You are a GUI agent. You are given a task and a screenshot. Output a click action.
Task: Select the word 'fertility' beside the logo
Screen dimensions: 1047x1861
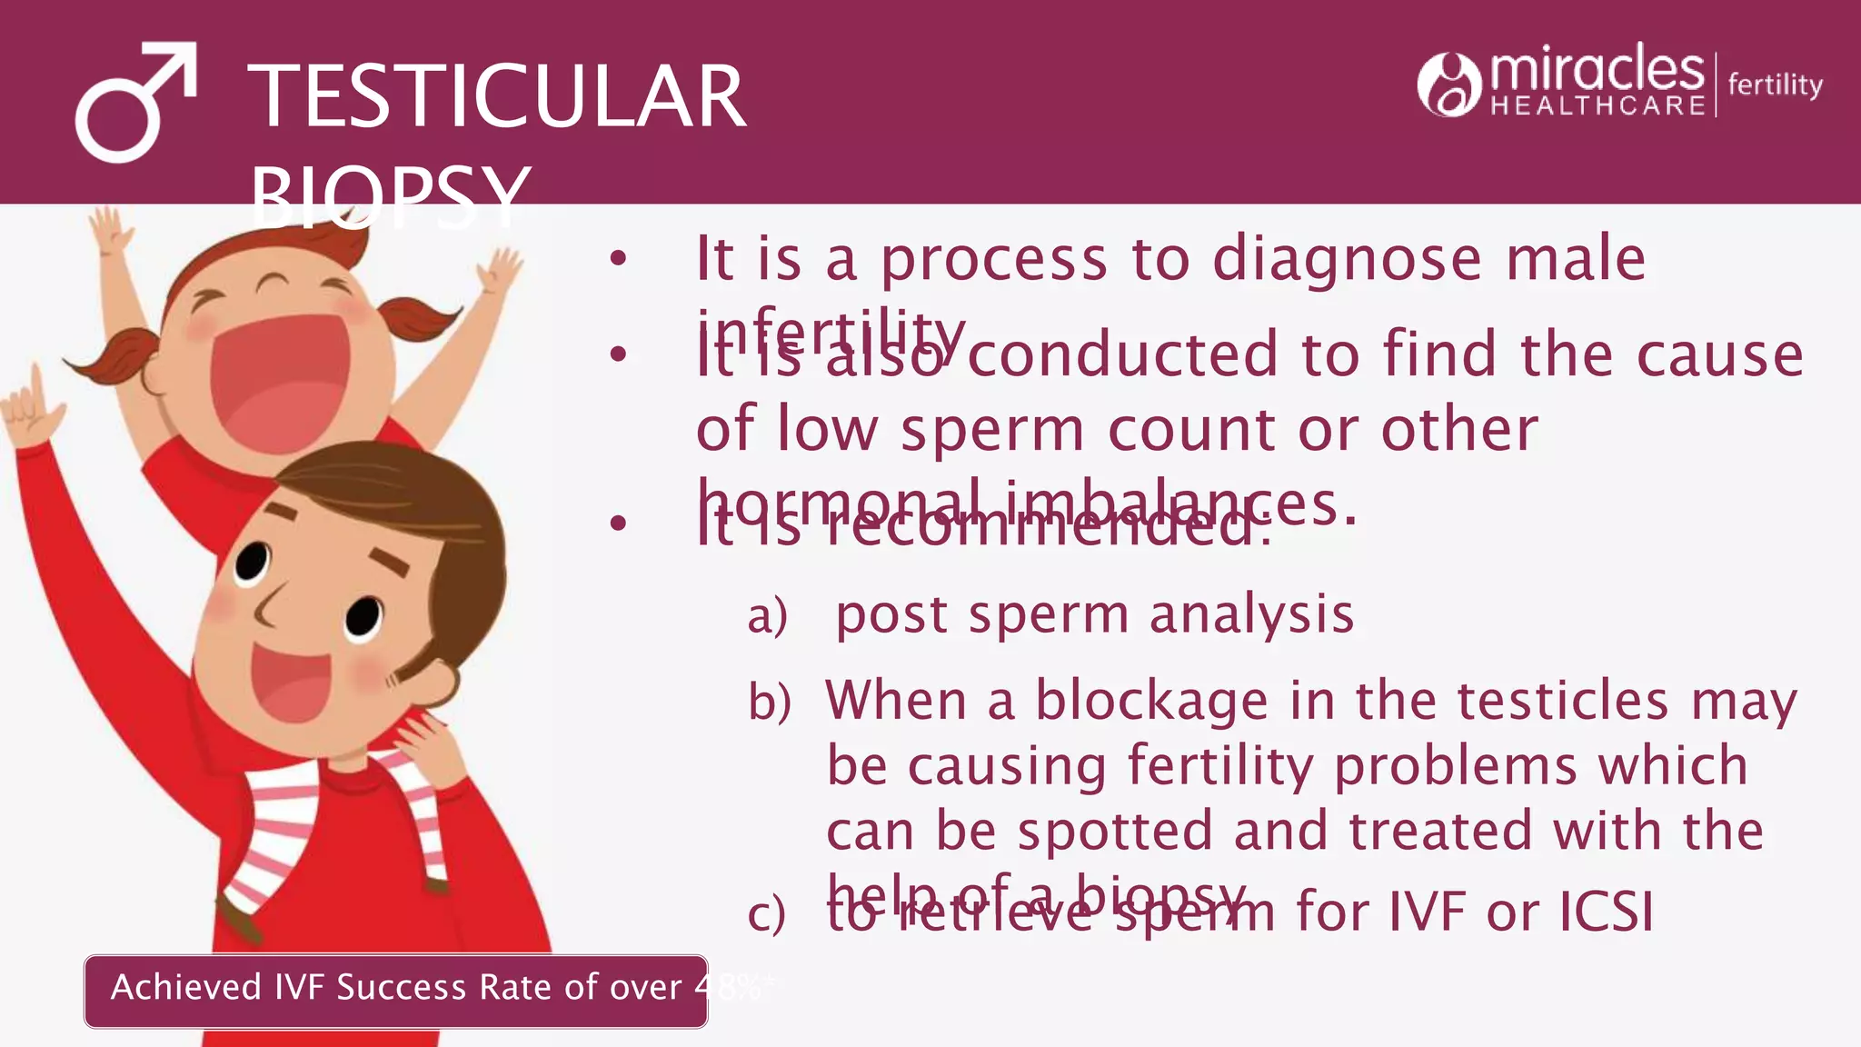pyautogui.click(x=1775, y=85)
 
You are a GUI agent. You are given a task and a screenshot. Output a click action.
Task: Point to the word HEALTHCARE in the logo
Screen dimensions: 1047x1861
pyautogui.click(x=1597, y=106)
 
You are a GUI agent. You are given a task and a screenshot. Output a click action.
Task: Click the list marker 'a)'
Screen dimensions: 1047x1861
pyautogui.click(x=767, y=617)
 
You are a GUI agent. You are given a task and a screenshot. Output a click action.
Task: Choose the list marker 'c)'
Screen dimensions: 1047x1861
pyautogui.click(x=766, y=913)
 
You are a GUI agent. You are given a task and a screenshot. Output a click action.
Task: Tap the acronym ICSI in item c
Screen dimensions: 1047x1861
pyautogui.click(x=1607, y=911)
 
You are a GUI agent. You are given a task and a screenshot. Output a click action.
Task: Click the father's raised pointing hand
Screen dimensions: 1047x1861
pyautogui.click(x=32, y=409)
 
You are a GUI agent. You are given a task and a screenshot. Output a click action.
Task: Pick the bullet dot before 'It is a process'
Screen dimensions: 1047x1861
pyautogui.click(x=619, y=260)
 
